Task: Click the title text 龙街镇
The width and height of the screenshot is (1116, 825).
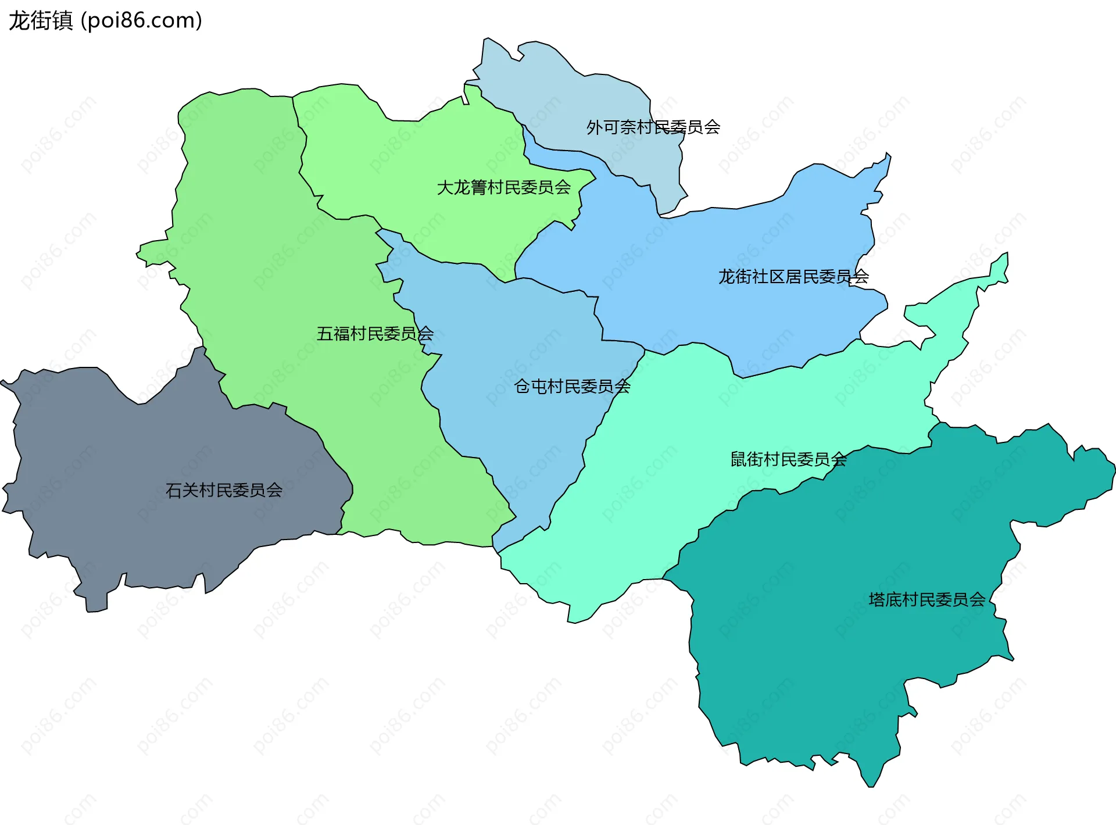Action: pyautogui.click(x=40, y=20)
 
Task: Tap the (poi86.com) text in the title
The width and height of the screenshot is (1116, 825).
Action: pyautogui.click(x=141, y=20)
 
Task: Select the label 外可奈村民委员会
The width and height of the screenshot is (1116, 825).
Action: pyautogui.click(x=653, y=127)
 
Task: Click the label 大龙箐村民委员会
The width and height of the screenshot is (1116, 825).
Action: pyautogui.click(x=503, y=187)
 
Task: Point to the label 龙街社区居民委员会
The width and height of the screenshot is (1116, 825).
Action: pyautogui.click(x=793, y=277)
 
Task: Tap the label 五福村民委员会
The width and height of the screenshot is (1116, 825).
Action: pyautogui.click(x=375, y=334)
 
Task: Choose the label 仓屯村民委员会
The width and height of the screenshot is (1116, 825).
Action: pyautogui.click(x=572, y=386)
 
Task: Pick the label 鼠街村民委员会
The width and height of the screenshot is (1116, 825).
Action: pyautogui.click(x=788, y=459)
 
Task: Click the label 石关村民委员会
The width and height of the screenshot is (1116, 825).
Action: pyautogui.click(x=224, y=490)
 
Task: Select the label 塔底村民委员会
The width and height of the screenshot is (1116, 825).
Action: pyautogui.click(x=927, y=599)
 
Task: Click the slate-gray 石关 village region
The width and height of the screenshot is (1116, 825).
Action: pyautogui.click(x=145, y=523)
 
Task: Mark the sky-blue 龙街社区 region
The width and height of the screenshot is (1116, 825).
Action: pyautogui.click(x=727, y=233)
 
